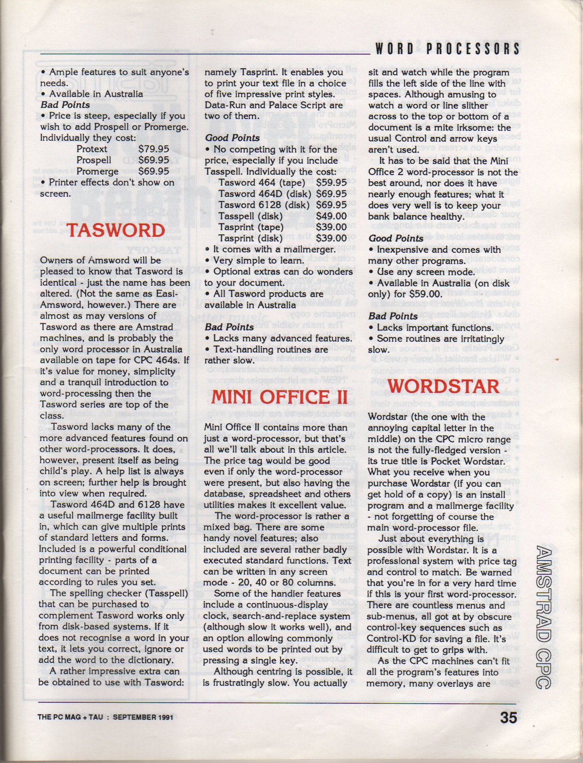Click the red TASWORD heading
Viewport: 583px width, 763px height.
point(115,231)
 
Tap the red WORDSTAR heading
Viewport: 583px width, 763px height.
point(443,386)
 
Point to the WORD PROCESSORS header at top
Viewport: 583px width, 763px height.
point(447,48)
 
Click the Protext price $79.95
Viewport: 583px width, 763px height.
point(154,149)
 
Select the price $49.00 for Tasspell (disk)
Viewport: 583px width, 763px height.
point(331,216)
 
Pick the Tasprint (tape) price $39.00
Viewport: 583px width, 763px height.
point(331,227)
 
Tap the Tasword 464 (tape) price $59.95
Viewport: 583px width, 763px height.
point(331,183)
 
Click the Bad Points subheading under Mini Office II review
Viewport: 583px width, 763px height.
point(393,316)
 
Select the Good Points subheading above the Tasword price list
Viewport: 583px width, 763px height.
point(232,138)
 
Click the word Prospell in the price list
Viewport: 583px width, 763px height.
point(94,160)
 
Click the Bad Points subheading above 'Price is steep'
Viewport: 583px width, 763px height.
point(65,104)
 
